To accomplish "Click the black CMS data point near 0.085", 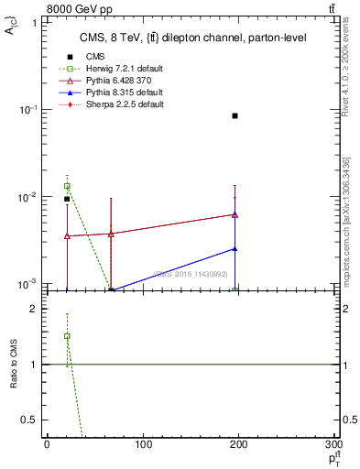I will click(235, 115).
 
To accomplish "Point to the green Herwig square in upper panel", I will click(67, 186).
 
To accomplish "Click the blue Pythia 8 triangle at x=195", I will click(235, 248).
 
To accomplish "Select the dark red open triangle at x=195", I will click(235, 214).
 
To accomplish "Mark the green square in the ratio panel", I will click(67, 336).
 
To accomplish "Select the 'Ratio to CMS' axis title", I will click(15, 365).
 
